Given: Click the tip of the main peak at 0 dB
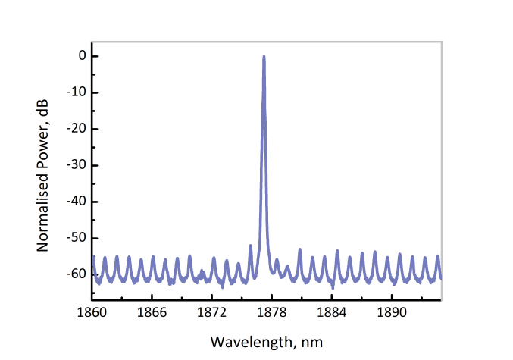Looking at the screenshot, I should [264, 56].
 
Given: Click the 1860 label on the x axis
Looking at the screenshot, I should [93, 311].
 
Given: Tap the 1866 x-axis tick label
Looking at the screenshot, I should [153, 311].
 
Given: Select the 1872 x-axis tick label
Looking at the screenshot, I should [213, 311].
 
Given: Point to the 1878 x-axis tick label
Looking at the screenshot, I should [272, 311].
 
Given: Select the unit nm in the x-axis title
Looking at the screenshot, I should [313, 342].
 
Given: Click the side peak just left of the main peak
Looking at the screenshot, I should [251, 246].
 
